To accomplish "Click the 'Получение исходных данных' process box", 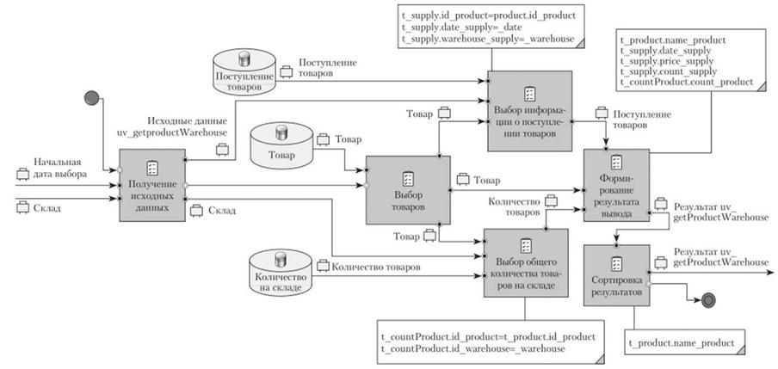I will [x=151, y=185].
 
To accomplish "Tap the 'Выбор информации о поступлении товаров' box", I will [x=530, y=113].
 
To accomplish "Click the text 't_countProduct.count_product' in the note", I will [x=686, y=82].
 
